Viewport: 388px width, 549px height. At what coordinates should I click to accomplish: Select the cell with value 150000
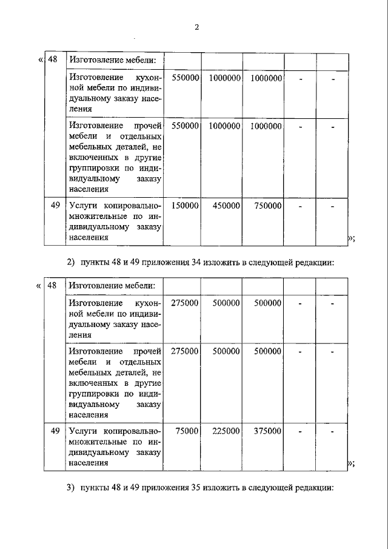[x=185, y=206]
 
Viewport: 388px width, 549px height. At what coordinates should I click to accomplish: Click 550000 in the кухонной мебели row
[x=185, y=78]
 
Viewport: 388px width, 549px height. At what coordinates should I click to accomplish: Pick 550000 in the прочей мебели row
[x=185, y=126]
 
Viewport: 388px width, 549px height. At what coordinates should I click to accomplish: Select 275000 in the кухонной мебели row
[x=185, y=303]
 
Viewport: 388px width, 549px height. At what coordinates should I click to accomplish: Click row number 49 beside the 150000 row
[x=55, y=206]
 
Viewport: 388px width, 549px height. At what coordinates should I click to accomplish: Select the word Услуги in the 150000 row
[x=83, y=206]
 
